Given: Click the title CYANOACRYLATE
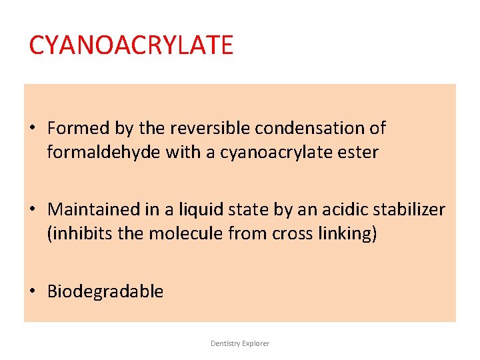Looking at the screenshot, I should tap(131, 45).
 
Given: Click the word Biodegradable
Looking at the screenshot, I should tap(105, 291).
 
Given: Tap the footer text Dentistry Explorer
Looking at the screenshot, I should tap(240, 343).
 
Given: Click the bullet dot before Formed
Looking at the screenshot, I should tap(33, 128).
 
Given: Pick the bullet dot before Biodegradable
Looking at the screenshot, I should tap(33, 291).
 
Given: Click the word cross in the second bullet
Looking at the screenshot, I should tap(293, 234).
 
